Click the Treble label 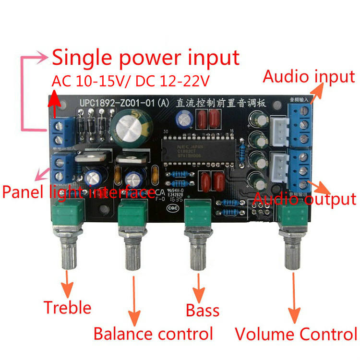(67, 307)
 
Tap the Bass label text (203, 310)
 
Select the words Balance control (153, 333)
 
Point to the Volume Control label (296, 334)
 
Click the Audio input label (309, 76)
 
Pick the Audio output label (305, 198)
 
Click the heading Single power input (145, 58)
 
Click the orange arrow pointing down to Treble (67, 283)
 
